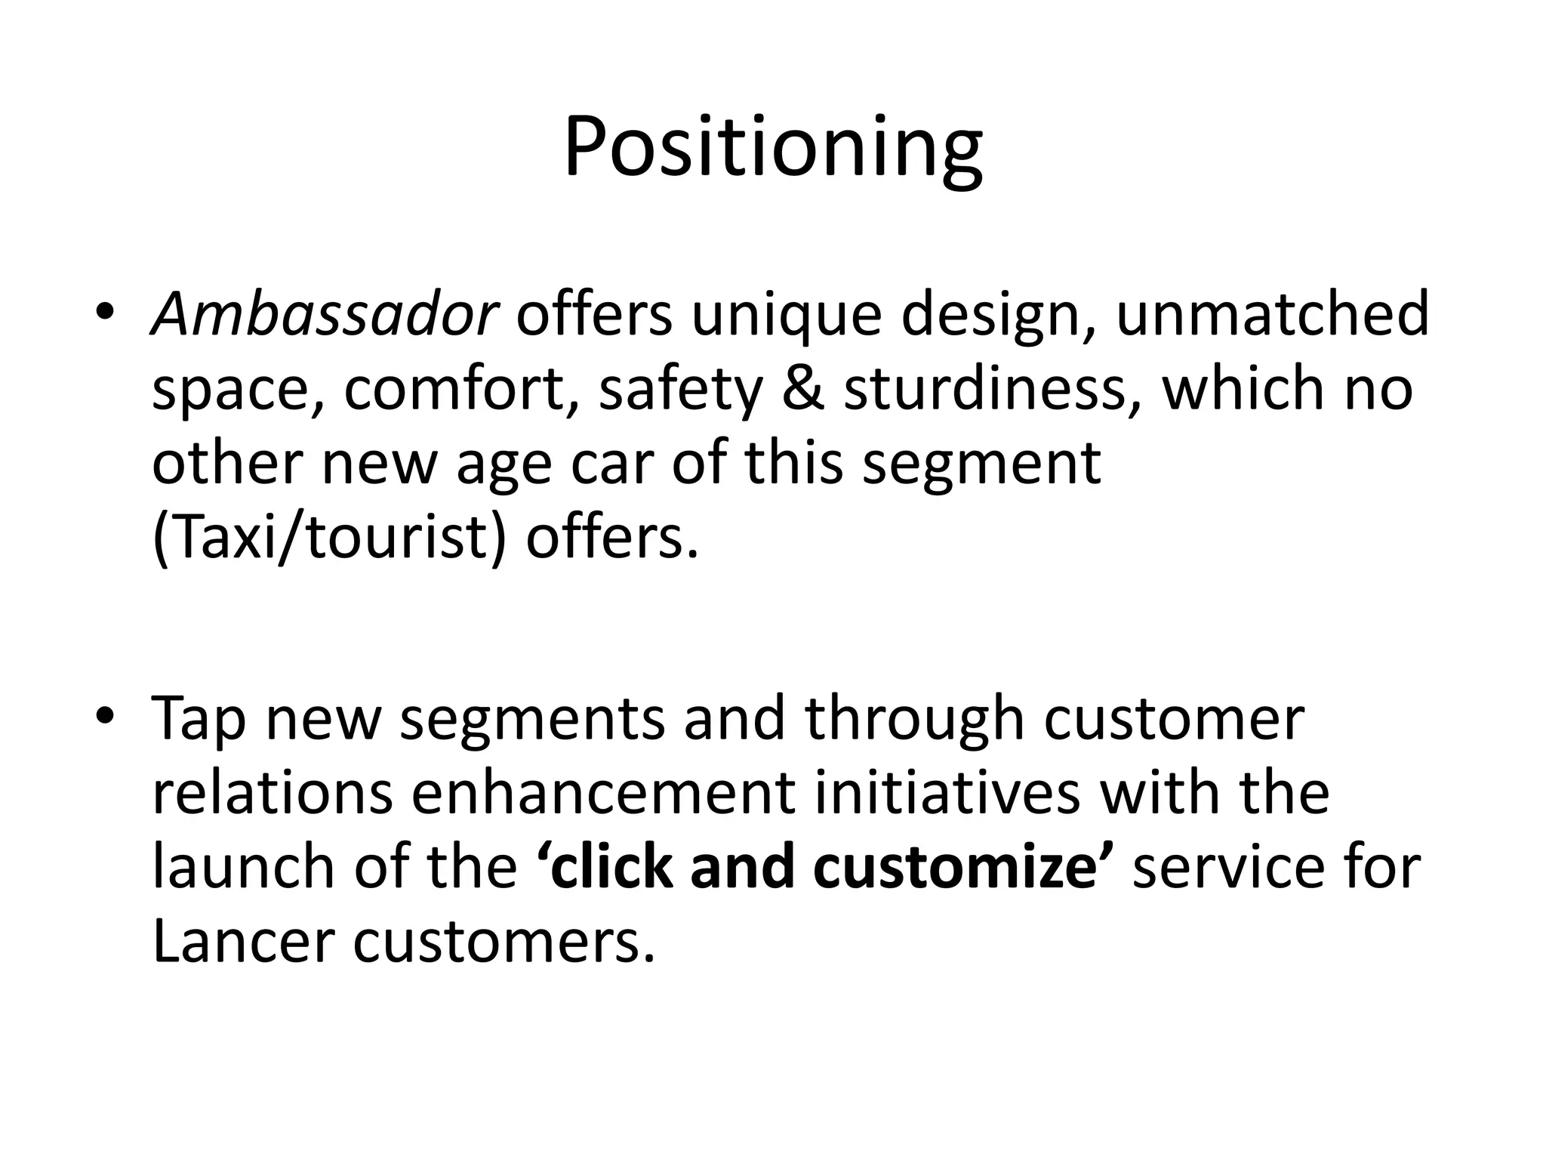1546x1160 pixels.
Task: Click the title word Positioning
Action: point(772,147)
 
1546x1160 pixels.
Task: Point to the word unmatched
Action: point(1272,314)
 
